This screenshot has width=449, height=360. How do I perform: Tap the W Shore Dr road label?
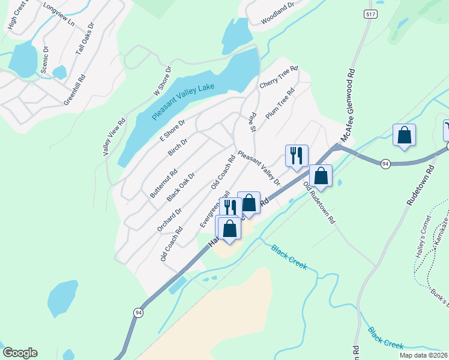[163, 81]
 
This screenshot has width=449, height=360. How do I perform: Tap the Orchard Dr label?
[170, 220]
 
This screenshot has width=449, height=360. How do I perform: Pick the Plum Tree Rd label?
[280, 103]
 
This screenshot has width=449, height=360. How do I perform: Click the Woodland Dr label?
[278, 14]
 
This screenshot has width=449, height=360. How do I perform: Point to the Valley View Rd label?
[114, 137]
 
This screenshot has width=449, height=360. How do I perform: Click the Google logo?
[20, 353]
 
